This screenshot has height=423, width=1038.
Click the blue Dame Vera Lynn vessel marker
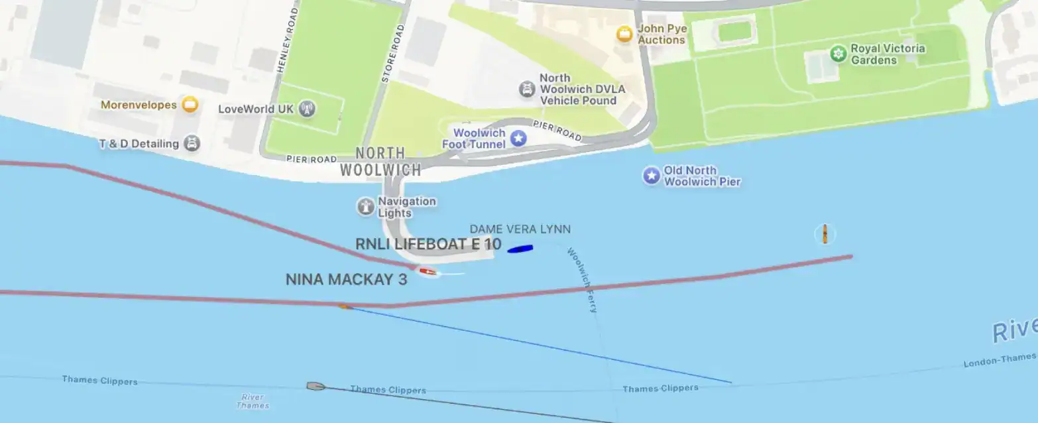tap(520, 249)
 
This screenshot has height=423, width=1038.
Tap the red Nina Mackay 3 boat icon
tap(428, 271)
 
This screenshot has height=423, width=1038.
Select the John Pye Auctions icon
tap(624, 34)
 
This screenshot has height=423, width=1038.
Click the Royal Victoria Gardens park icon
tap(838, 54)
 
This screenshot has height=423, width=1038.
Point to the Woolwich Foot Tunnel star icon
tap(518, 138)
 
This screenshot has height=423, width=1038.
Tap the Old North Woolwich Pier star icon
tap(652, 176)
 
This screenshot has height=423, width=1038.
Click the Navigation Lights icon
tap(366, 207)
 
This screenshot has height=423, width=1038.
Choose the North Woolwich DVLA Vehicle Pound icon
tap(527, 89)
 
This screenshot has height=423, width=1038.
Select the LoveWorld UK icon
tap(306, 109)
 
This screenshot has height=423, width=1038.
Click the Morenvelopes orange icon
tap(190, 105)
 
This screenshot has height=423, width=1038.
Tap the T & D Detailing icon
tap(192, 143)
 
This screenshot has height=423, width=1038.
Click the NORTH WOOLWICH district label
tap(380, 162)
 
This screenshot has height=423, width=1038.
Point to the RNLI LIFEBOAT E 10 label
tap(428, 244)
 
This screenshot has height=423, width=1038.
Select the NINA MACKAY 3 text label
tap(346, 280)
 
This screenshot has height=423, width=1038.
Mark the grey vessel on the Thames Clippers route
tap(316, 386)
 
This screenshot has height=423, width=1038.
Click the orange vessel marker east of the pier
tap(825, 234)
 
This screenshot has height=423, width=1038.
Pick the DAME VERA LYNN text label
tap(520, 229)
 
